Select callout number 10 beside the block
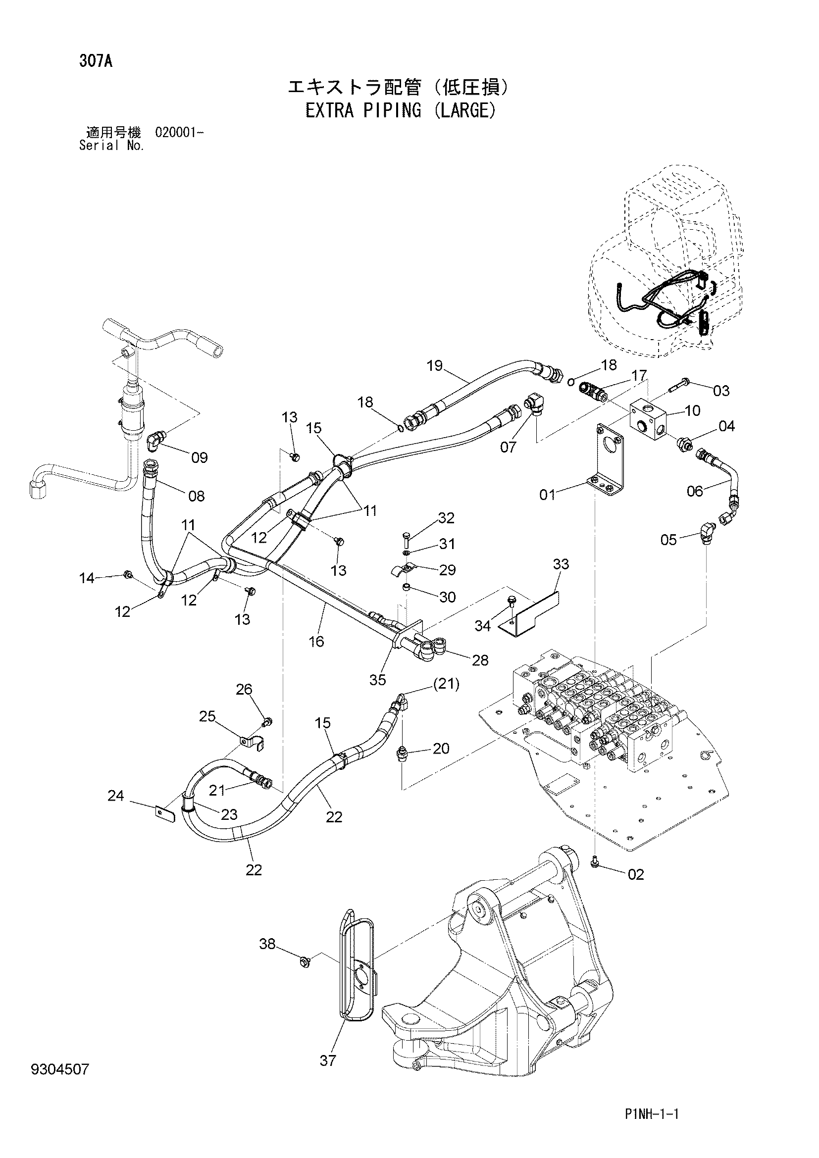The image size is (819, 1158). click(x=692, y=410)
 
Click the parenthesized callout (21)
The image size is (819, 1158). click(x=446, y=684)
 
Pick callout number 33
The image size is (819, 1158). click(x=561, y=564)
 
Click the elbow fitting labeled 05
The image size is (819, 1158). click(x=708, y=532)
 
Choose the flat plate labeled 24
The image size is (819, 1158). click(x=165, y=813)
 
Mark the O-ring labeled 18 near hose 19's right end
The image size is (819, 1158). click(x=570, y=382)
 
